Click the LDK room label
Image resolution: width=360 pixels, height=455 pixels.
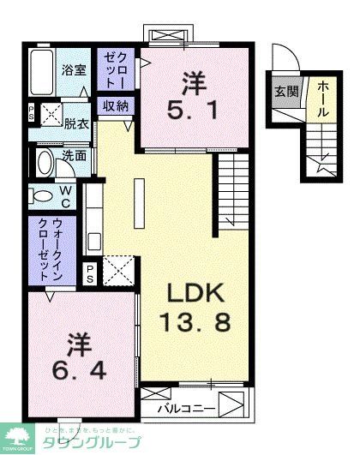(195, 296)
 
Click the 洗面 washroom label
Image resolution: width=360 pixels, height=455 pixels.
(75, 156)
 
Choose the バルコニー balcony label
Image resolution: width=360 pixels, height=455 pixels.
(186, 408)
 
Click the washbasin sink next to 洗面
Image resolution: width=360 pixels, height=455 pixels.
(43, 160)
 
